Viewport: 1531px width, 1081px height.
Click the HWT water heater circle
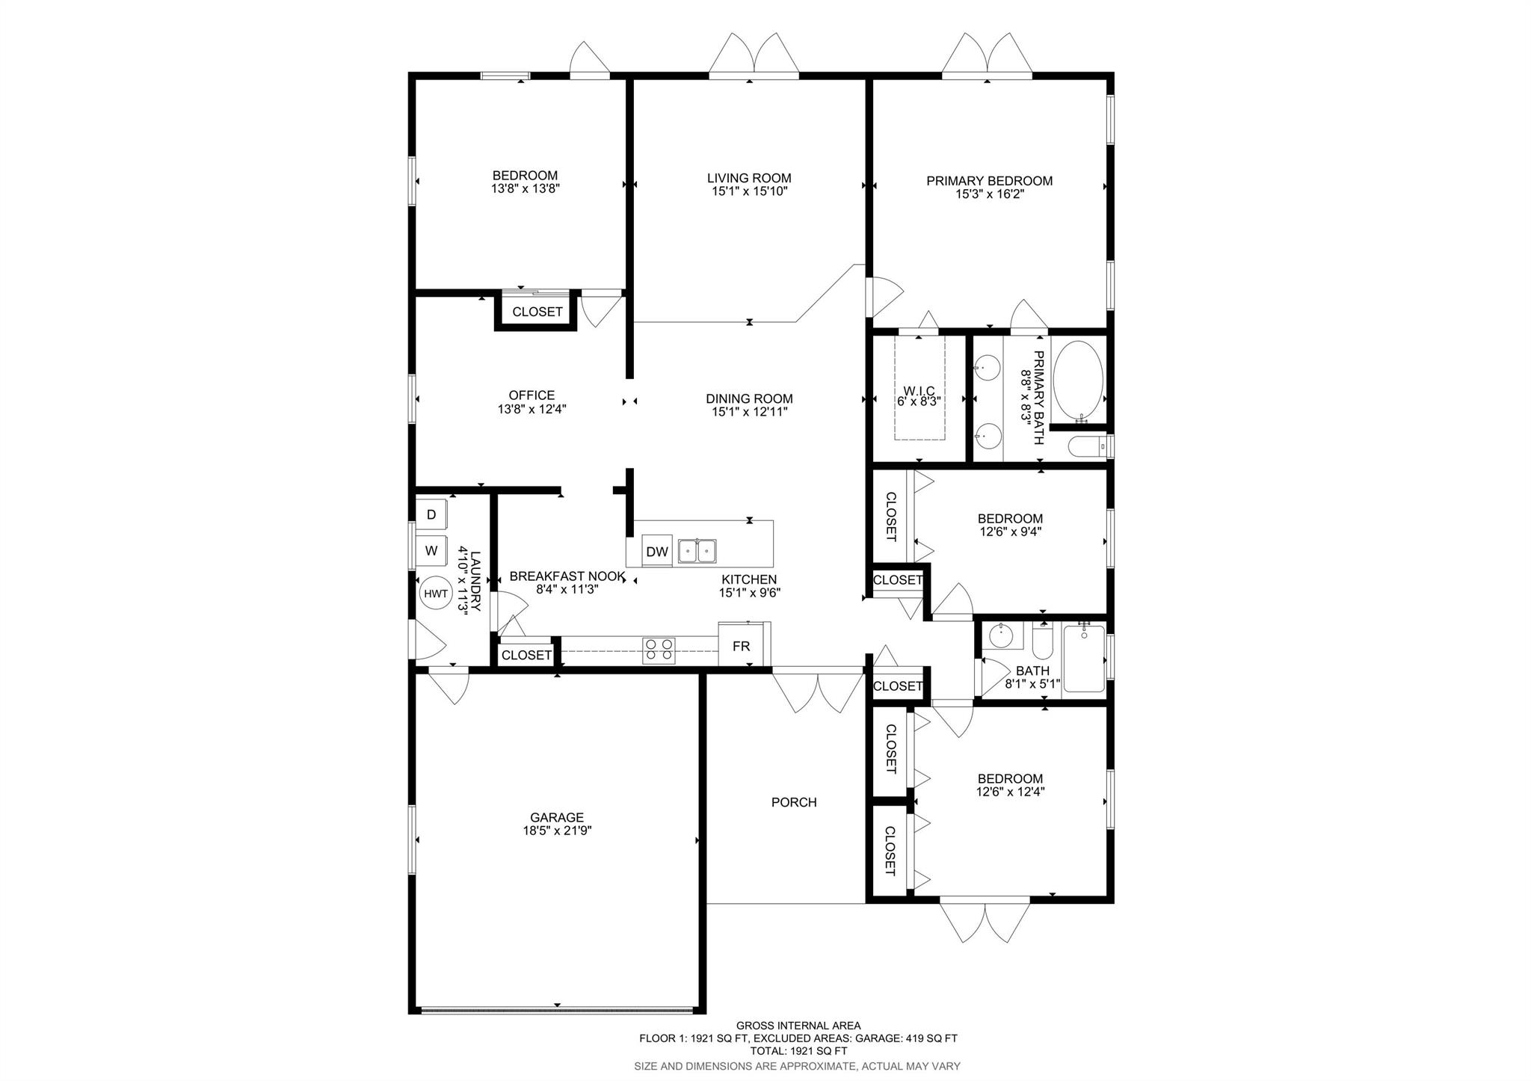coord(436,594)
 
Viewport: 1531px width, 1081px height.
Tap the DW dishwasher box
coord(657,552)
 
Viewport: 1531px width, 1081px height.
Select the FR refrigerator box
coord(742,644)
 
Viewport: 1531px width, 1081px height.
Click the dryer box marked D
coord(431,514)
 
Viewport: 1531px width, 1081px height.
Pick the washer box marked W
coord(431,551)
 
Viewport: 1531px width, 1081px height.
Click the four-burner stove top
coord(659,650)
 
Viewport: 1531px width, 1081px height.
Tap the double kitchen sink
coord(697,551)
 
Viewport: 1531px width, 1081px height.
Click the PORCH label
coord(794,802)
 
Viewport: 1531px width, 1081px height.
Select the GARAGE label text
coord(557,818)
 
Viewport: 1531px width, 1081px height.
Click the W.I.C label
coord(919,391)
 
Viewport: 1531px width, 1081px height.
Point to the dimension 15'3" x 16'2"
coord(990,194)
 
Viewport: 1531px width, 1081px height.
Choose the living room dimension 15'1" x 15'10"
coord(750,191)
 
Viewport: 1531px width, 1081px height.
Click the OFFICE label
coord(532,395)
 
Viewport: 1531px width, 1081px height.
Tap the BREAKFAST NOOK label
coord(567,576)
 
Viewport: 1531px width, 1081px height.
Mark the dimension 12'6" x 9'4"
coord(1011,532)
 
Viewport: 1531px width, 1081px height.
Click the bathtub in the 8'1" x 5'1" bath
coord(1083,659)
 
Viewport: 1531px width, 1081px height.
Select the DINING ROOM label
coord(749,399)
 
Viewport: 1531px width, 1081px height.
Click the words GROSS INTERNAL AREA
coord(798,1026)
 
